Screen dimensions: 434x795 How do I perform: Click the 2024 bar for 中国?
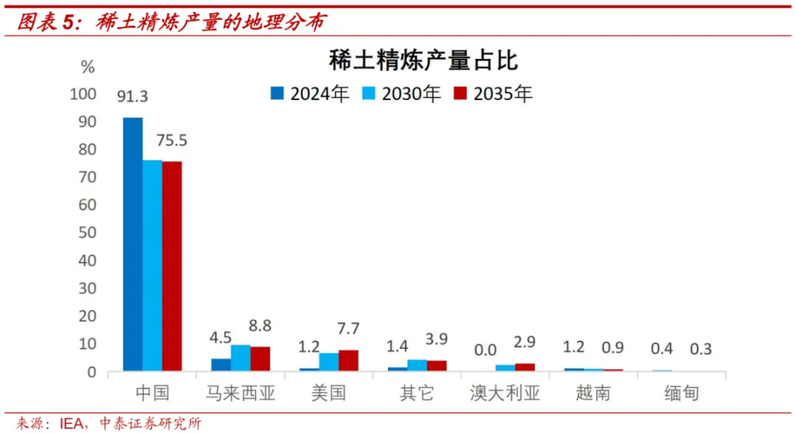point(133,244)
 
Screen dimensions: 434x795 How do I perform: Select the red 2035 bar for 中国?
point(172,266)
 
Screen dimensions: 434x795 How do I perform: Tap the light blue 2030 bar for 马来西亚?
point(240,358)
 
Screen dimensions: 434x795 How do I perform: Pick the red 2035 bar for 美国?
point(348,361)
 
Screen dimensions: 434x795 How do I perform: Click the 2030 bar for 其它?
point(417,366)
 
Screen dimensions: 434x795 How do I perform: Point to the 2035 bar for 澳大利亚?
point(525,367)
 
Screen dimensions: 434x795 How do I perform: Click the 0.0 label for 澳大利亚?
point(485,348)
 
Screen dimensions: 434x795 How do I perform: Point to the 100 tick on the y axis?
point(83,94)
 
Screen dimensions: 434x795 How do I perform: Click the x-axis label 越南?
point(593,393)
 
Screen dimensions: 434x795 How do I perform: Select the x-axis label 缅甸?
point(681,393)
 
